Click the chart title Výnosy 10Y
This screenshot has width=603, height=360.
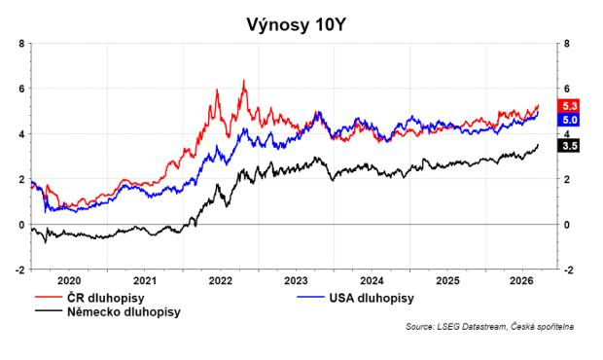click(x=296, y=24)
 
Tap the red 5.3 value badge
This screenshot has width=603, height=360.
click(x=568, y=106)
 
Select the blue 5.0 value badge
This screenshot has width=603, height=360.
click(x=568, y=120)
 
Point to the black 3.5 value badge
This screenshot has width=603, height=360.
click(x=568, y=146)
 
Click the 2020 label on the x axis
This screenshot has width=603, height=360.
click(x=69, y=281)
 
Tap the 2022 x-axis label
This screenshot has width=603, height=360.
click(x=221, y=281)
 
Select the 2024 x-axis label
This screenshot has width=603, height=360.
click(x=372, y=281)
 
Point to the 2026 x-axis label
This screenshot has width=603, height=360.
click(x=522, y=281)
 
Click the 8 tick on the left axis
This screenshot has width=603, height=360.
click(x=21, y=44)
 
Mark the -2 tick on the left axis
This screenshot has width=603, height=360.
click(x=19, y=270)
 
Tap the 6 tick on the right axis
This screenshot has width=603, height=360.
click(x=566, y=89)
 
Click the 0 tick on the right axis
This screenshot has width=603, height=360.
click(x=566, y=225)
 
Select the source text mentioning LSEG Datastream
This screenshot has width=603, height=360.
click(x=489, y=327)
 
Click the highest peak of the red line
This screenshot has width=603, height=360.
click(x=244, y=81)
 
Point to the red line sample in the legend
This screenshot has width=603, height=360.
click(x=49, y=297)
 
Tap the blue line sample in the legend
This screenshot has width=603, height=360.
click(x=310, y=297)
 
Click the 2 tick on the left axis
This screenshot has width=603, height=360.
click(x=21, y=179)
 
